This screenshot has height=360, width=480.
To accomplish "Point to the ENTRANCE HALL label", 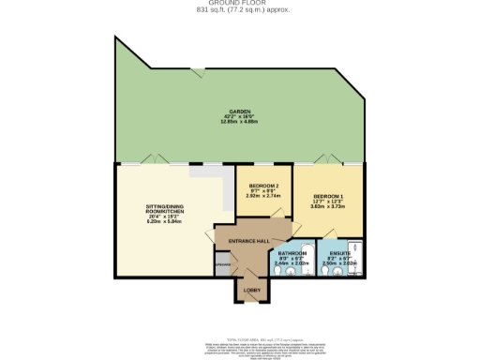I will [249, 241].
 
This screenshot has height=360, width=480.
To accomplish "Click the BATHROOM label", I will [292, 254].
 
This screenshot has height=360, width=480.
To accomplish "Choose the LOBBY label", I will [249, 291].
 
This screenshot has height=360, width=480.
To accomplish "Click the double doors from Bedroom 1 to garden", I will [329, 160].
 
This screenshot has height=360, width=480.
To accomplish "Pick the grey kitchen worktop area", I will [208, 173].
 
